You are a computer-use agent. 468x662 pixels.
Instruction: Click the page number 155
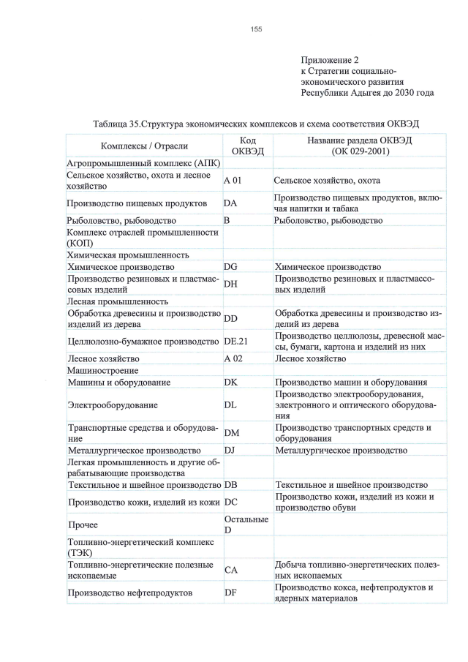256,29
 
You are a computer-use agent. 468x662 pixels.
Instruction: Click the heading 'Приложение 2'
330,59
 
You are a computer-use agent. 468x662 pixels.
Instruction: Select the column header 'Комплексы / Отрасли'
144,146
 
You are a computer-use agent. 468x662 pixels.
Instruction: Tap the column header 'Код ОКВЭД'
246,146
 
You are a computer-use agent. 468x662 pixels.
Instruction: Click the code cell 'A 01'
233,180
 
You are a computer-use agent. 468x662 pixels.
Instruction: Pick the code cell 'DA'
230,203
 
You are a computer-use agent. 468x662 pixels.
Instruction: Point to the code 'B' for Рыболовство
227,220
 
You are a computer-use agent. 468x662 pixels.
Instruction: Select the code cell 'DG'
231,267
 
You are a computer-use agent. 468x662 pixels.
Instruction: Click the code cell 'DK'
231,383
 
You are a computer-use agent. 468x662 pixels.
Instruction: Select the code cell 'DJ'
230,451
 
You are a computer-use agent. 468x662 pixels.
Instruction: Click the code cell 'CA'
231,570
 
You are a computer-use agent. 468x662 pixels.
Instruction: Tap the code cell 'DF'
230,593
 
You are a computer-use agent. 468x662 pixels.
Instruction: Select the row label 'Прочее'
82,524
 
